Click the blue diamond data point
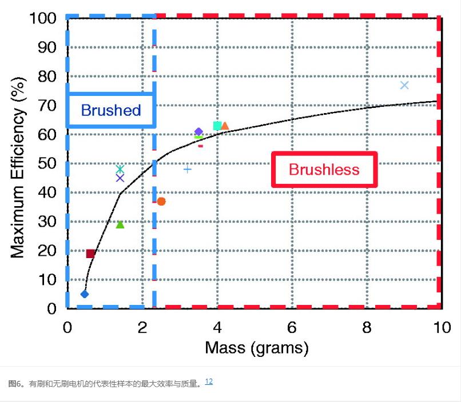tap(85, 294)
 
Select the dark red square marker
tap(90, 254)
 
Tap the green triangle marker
tap(120, 224)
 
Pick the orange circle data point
tap(161, 202)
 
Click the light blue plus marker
tap(187, 169)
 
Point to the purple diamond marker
tap(198, 132)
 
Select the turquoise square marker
tap(217, 126)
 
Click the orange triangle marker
tap(225, 126)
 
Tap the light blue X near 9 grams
tap(404, 85)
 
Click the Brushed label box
tap(111, 110)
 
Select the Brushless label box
tap(324, 170)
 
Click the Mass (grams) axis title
tap(257, 348)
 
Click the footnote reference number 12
tap(209, 381)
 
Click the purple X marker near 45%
tap(120, 178)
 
